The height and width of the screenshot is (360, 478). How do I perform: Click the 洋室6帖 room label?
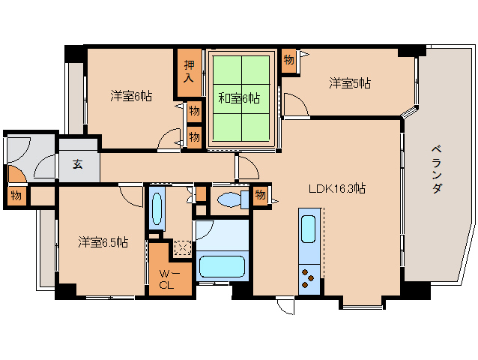(132, 96)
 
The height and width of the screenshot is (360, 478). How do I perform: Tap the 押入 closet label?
(190, 72)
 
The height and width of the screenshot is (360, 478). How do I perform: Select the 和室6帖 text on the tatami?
(240, 97)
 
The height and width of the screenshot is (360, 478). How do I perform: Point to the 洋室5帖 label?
(349, 83)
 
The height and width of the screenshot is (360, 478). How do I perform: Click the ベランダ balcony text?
(438, 169)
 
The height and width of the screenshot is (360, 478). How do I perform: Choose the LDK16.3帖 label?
(339, 188)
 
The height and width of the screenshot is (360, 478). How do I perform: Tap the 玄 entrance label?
(78, 165)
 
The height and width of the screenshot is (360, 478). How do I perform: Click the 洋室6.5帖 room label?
(103, 242)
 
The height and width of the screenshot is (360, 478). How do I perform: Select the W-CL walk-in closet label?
(166, 279)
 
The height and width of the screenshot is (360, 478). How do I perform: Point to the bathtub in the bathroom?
(222, 267)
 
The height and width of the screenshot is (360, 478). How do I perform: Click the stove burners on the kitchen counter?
(309, 277)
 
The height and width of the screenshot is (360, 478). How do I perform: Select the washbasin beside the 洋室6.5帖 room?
(157, 210)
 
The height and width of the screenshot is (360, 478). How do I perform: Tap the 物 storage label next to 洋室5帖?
(288, 60)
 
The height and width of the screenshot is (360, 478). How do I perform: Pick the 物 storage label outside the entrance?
(16, 196)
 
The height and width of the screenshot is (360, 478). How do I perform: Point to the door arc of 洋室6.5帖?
(130, 196)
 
